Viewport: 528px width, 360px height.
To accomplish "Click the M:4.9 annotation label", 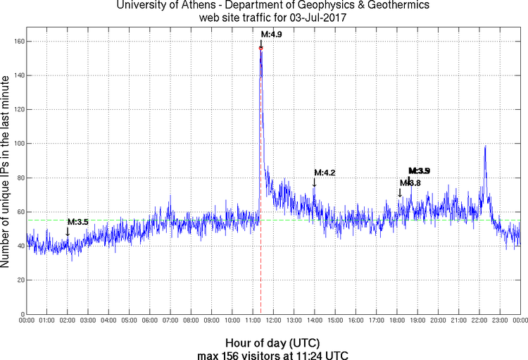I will point(272,34).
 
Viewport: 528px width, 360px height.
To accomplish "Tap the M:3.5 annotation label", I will point(77,222).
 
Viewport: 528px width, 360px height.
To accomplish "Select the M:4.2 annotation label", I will point(325,173).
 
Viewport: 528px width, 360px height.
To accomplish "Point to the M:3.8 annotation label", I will point(410,183).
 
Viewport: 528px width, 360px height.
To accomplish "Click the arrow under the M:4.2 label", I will point(314,182).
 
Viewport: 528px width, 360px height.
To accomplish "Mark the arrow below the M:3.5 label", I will point(68,231).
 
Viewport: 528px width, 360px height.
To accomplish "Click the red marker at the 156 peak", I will point(261,49).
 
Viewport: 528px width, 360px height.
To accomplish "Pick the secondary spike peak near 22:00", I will point(485,147).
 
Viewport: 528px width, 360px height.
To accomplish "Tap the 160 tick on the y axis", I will point(18,42).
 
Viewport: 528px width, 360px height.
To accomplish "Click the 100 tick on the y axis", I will point(18,144).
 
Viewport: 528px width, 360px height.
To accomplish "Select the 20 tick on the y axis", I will point(20,280).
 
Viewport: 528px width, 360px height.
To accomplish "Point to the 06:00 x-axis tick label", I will point(150,321).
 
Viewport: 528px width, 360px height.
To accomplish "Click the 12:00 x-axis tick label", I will point(273,321).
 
